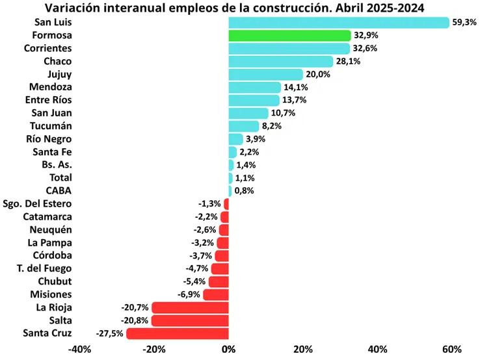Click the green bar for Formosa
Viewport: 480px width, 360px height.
(x=289, y=35)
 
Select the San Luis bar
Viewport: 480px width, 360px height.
(x=338, y=22)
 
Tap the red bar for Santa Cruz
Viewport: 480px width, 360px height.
(x=177, y=333)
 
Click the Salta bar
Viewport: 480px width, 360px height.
(x=190, y=320)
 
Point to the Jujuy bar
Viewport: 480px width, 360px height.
(x=265, y=74)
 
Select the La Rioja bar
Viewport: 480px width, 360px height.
(x=190, y=307)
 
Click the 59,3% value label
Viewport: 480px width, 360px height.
(x=464, y=22)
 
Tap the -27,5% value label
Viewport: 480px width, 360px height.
(x=109, y=333)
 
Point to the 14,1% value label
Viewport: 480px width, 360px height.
(x=296, y=87)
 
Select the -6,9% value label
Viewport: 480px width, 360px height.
(x=187, y=294)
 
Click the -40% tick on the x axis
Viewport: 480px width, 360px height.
(x=79, y=350)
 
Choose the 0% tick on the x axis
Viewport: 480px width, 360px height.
(x=228, y=350)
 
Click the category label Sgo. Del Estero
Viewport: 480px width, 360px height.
(x=38, y=203)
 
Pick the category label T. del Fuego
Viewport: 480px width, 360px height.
(x=44, y=268)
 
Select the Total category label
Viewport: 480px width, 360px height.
(x=60, y=177)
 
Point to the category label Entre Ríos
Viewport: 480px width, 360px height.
(x=48, y=100)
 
